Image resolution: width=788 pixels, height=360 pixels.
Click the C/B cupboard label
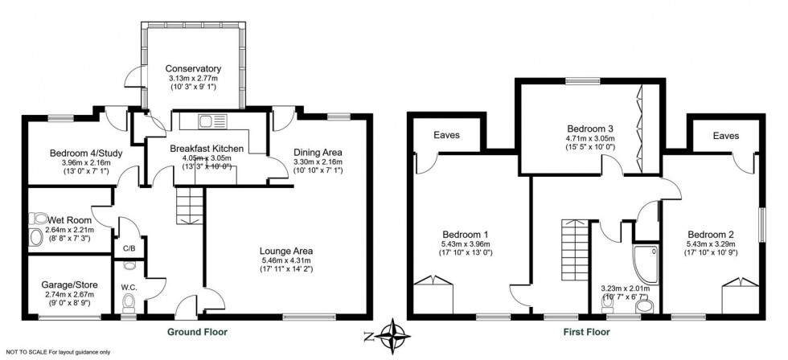click(129, 248)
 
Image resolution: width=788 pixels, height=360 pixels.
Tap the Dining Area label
click(316, 152)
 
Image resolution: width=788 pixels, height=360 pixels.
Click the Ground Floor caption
click(197, 331)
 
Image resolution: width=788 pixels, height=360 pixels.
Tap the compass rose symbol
click(392, 332)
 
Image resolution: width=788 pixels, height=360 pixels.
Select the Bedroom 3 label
click(589, 129)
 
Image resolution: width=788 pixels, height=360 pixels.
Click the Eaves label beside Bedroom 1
click(447, 135)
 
